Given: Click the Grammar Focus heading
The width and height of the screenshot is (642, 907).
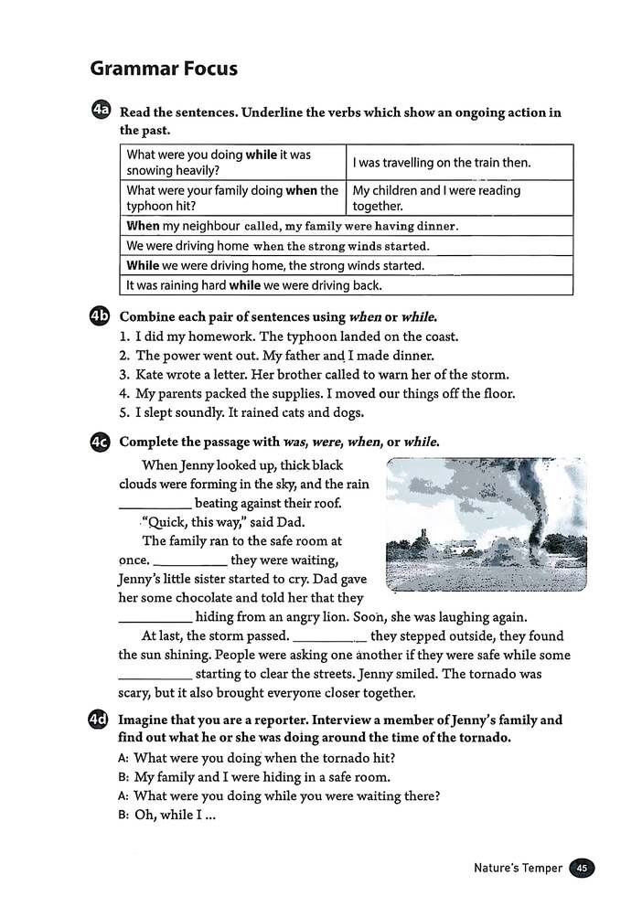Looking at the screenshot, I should [x=164, y=69].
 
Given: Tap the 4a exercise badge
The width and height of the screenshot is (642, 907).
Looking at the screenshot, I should [x=101, y=112].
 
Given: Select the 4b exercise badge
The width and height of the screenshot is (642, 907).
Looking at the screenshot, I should [x=101, y=317].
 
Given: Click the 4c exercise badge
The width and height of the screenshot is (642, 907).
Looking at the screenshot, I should [x=101, y=443].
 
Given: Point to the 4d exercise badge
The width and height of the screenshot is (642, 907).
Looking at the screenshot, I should [x=101, y=720].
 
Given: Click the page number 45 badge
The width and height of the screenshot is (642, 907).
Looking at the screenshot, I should [x=582, y=869].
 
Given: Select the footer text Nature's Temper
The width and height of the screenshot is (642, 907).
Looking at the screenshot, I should [x=518, y=869].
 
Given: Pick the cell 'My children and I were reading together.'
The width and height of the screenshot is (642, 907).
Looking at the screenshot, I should [x=436, y=198].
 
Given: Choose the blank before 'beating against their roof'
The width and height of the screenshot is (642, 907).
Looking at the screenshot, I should [x=155, y=504].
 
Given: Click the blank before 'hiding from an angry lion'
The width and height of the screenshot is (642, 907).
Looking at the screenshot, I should [x=155, y=617].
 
